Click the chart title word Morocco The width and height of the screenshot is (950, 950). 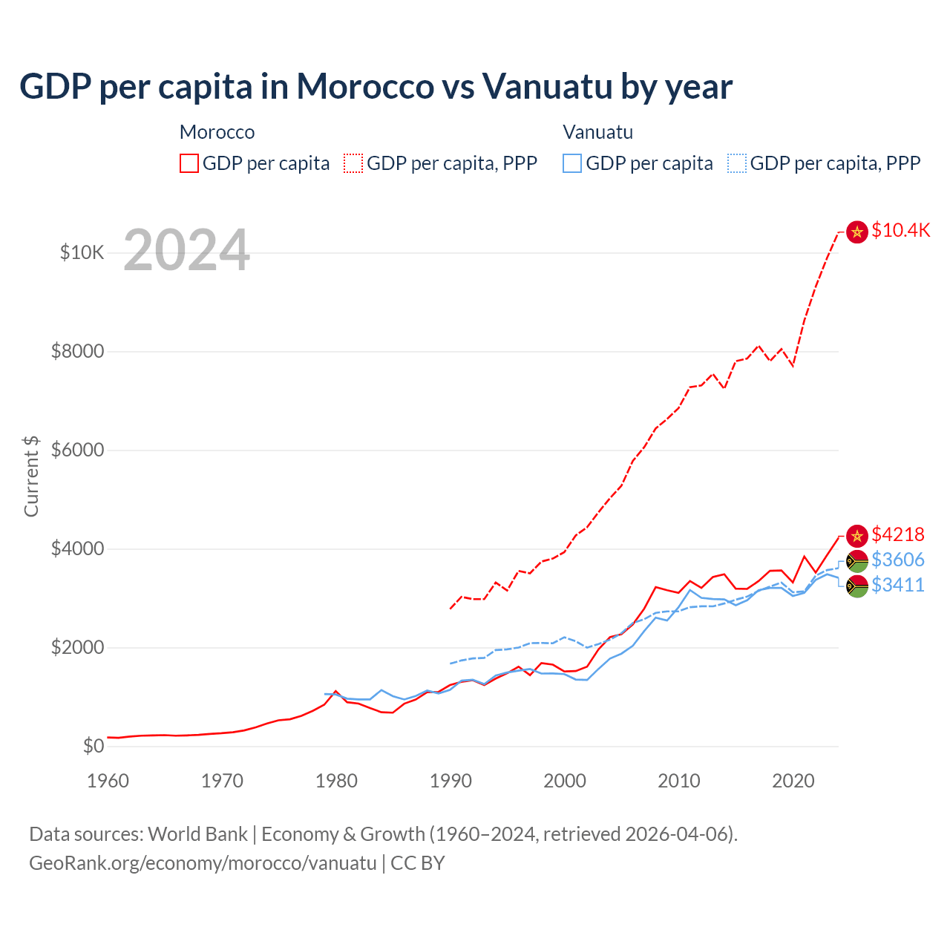[x=365, y=86]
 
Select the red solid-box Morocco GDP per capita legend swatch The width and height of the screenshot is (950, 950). [x=189, y=163]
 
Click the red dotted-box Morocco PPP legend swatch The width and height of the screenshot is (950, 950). [x=353, y=163]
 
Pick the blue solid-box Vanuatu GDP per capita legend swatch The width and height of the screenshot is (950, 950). [x=572, y=163]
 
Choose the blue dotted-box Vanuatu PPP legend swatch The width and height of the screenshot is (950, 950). [x=737, y=163]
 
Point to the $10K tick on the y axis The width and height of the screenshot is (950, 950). [x=82, y=252]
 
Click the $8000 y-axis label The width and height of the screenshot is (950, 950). [x=77, y=351]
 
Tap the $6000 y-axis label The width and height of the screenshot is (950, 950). [x=77, y=450]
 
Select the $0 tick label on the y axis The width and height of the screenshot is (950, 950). [x=93, y=746]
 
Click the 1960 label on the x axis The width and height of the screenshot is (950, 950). [x=108, y=781]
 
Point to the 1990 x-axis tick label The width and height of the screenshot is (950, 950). [x=451, y=781]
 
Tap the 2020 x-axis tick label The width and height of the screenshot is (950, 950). [x=793, y=781]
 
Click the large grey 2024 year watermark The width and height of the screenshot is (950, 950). [x=186, y=250]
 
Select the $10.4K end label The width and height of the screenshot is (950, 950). [x=900, y=230]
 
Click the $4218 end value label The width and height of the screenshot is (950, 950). [x=897, y=534]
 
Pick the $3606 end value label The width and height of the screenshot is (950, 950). [x=897, y=560]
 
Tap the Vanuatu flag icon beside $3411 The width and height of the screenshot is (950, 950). [x=857, y=586]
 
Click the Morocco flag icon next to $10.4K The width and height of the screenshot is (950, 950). [x=857, y=232]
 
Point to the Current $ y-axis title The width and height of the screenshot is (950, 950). [x=31, y=476]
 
